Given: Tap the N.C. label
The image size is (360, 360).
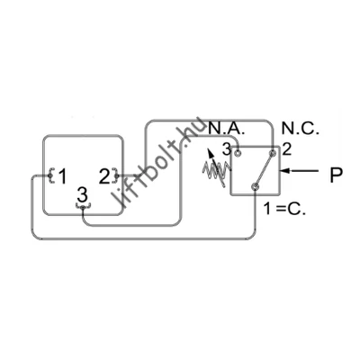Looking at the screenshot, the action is [301, 129].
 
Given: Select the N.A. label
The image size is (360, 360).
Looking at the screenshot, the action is [227, 129].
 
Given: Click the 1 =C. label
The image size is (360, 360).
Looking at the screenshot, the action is [284, 208].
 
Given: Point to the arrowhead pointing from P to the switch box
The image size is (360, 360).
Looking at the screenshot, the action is [286, 171].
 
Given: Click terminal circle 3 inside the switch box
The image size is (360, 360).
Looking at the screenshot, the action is [238, 153].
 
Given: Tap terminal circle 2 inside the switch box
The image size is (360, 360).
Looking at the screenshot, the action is [273, 153].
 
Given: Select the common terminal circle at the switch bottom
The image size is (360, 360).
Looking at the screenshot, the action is [255, 186].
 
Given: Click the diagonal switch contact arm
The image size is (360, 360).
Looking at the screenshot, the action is [264, 170].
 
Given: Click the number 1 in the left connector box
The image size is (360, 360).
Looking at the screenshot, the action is [62, 176].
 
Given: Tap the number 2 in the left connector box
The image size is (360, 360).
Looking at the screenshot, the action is [104, 176].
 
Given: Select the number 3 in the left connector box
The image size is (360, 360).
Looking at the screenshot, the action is [82, 194].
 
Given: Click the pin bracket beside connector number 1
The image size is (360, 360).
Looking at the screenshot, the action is [51, 175].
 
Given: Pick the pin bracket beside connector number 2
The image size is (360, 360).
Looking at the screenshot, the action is [115, 175].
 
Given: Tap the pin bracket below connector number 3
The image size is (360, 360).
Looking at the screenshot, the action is [83, 206].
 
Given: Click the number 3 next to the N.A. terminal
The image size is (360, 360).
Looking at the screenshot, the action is [227, 149].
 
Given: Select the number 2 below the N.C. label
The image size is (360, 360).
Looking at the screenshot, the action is [287, 149].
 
